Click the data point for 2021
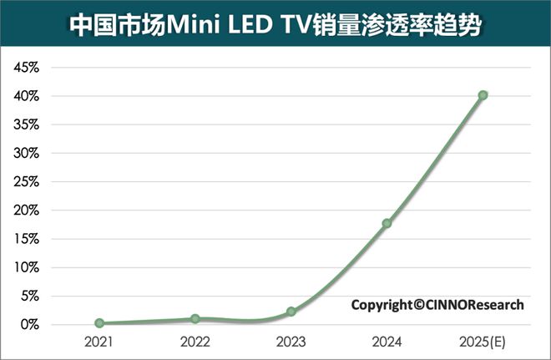tap(99, 322)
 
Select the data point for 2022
tap(195, 318)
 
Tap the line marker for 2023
tap(291, 311)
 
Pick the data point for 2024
tap(387, 223)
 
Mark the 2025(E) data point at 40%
tap(483, 95)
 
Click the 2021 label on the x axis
tap(99, 342)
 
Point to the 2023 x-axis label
tap(291, 342)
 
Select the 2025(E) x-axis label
tap(483, 342)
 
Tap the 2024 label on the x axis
tap(387, 342)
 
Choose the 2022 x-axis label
tap(195, 342)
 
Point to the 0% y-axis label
tap(30, 324)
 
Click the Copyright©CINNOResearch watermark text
tap(437, 305)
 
